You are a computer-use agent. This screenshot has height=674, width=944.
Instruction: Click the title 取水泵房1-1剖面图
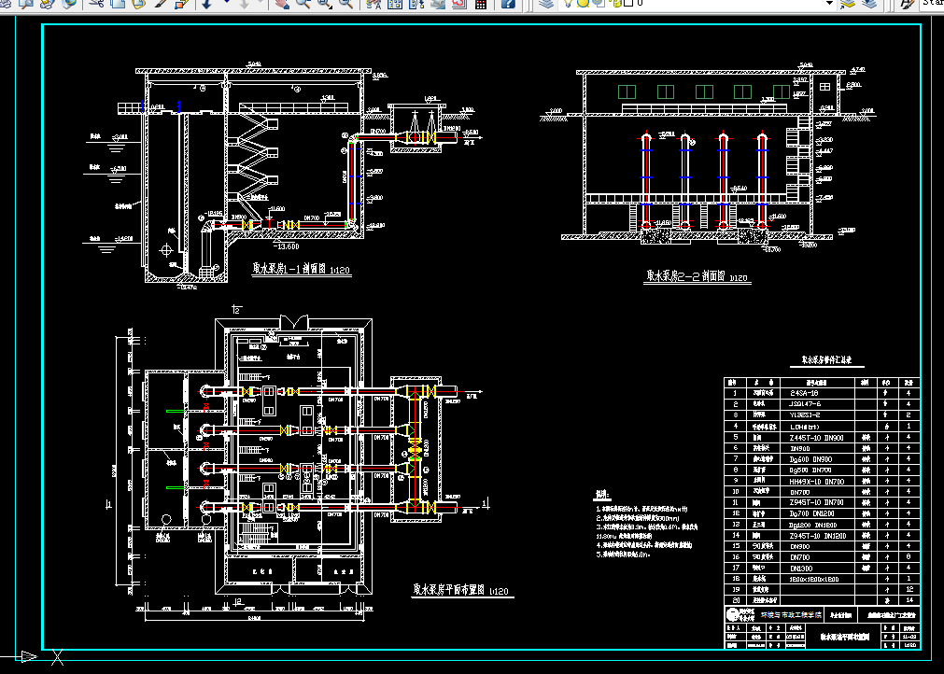click(x=301, y=269)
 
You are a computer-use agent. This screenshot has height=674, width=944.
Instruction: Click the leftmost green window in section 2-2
click(x=626, y=91)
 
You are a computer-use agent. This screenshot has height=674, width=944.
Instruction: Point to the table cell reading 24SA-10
click(x=805, y=394)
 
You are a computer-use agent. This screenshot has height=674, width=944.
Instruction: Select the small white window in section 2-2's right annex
click(x=824, y=87)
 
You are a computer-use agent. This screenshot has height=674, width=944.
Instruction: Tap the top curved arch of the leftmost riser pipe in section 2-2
click(x=646, y=136)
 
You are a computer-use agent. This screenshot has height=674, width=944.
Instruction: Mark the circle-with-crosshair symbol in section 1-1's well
click(x=166, y=249)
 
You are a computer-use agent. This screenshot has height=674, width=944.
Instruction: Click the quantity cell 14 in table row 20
click(x=908, y=600)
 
